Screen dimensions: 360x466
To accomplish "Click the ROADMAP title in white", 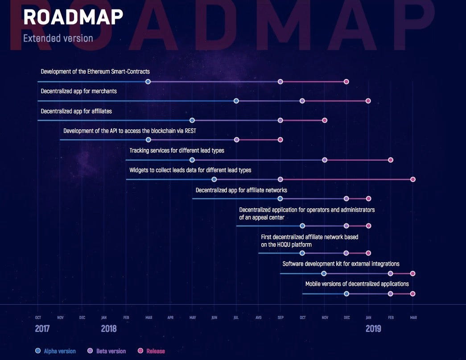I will pos(73,17).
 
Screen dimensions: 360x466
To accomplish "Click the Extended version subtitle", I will pos(58,38).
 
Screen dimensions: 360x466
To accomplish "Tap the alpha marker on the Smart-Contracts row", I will pos(148,82).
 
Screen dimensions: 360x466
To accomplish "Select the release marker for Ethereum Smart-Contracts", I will pos(346,82).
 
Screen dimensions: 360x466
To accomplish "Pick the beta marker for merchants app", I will pos(302,101).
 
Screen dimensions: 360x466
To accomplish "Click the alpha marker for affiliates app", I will pos(192,120).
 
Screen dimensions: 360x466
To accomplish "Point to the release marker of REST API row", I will pos(280,140).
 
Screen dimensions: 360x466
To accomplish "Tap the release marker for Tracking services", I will pos(391,160).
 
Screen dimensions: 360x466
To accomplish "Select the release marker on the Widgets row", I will pos(413,179).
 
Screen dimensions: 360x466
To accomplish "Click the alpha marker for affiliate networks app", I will pos(280,199).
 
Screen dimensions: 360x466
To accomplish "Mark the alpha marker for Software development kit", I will pos(324,273).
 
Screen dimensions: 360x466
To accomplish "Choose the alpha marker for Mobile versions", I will pos(346,294).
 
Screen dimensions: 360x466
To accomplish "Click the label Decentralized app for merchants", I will pos(78,91).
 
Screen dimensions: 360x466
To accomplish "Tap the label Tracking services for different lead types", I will pos(177,151).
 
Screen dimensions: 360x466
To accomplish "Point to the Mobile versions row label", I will pos(357,284).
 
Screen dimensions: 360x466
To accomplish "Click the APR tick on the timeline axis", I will pos(170,318).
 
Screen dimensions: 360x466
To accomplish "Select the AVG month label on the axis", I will pos(259,318).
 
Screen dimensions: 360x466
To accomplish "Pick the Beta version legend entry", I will pos(111,351).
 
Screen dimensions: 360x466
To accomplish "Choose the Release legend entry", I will pos(155,351).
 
